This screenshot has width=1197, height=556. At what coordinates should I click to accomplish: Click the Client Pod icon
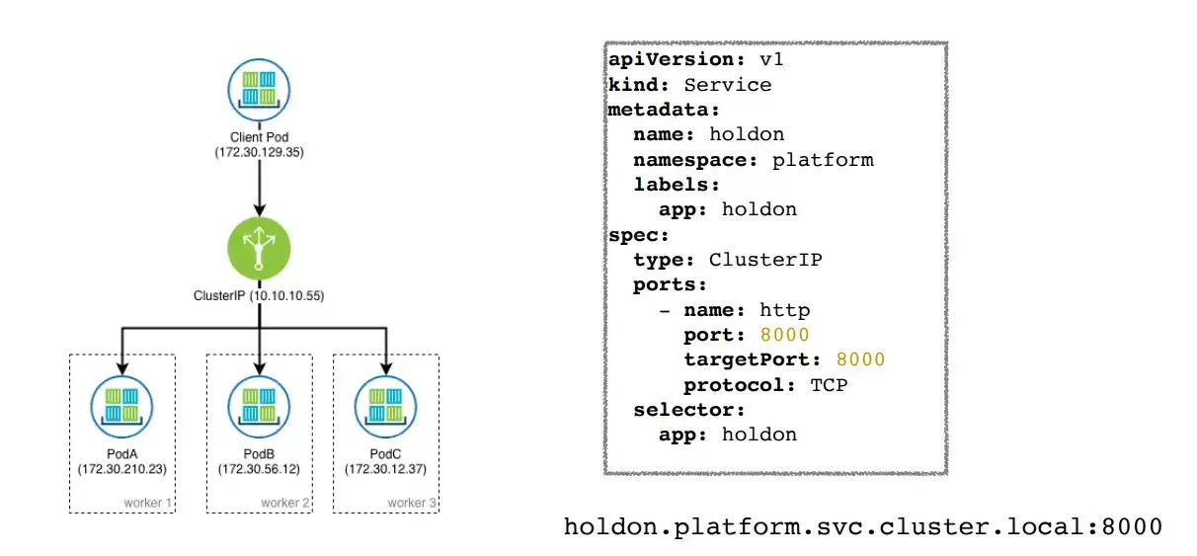(x=259, y=90)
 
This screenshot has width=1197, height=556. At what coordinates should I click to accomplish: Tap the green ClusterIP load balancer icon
(x=259, y=248)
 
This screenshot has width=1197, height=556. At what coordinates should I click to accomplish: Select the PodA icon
(x=121, y=407)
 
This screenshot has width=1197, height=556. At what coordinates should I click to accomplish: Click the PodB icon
(x=259, y=407)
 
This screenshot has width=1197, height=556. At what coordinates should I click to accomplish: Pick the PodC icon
(x=386, y=407)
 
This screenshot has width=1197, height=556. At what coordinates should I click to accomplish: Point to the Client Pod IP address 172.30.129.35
(x=259, y=152)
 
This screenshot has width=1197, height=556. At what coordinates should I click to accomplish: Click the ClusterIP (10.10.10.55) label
(x=259, y=295)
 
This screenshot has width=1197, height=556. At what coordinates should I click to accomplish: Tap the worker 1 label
(x=147, y=503)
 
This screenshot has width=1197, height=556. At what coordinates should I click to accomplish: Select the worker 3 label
(x=412, y=503)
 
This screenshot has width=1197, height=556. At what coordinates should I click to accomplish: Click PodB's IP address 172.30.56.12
(x=259, y=469)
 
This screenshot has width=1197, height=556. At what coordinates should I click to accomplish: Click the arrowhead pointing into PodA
(x=122, y=368)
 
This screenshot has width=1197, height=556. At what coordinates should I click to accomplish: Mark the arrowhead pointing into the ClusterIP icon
(x=260, y=210)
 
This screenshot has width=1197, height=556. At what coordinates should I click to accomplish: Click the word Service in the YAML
(x=728, y=85)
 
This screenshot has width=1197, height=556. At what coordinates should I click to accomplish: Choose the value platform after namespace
(x=823, y=160)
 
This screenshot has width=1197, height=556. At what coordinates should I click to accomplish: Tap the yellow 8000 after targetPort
(x=861, y=359)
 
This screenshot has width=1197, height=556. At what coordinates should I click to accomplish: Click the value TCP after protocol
(x=829, y=385)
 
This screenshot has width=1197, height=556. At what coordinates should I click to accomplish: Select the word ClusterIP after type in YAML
(x=765, y=260)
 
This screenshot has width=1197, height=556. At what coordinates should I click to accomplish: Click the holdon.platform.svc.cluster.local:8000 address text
(x=863, y=527)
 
